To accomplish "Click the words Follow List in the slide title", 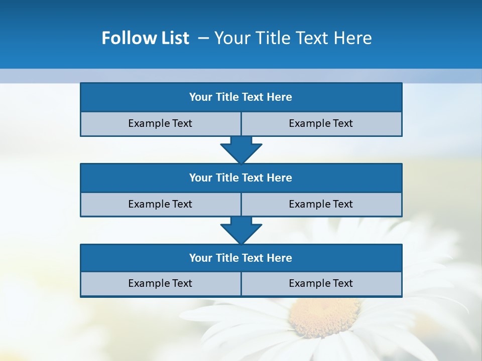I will pyautogui.click(x=145, y=38).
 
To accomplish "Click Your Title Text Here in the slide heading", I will pyautogui.click(x=293, y=38).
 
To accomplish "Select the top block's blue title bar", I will pyautogui.click(x=241, y=97).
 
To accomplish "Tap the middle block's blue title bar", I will pyautogui.click(x=241, y=177).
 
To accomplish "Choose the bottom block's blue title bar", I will pyautogui.click(x=241, y=258).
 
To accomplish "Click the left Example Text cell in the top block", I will pyautogui.click(x=160, y=123).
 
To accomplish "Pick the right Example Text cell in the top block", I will pyautogui.click(x=321, y=123).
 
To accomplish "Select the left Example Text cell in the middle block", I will pyautogui.click(x=160, y=204).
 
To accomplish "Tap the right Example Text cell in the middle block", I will pyautogui.click(x=321, y=204).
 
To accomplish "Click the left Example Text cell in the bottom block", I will pyautogui.click(x=160, y=283).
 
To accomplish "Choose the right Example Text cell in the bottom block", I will pyautogui.click(x=321, y=283).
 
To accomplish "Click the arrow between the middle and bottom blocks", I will pyautogui.click(x=241, y=230).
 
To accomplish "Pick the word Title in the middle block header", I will pyautogui.click(x=227, y=177).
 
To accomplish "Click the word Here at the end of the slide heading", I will pyautogui.click(x=354, y=38).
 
